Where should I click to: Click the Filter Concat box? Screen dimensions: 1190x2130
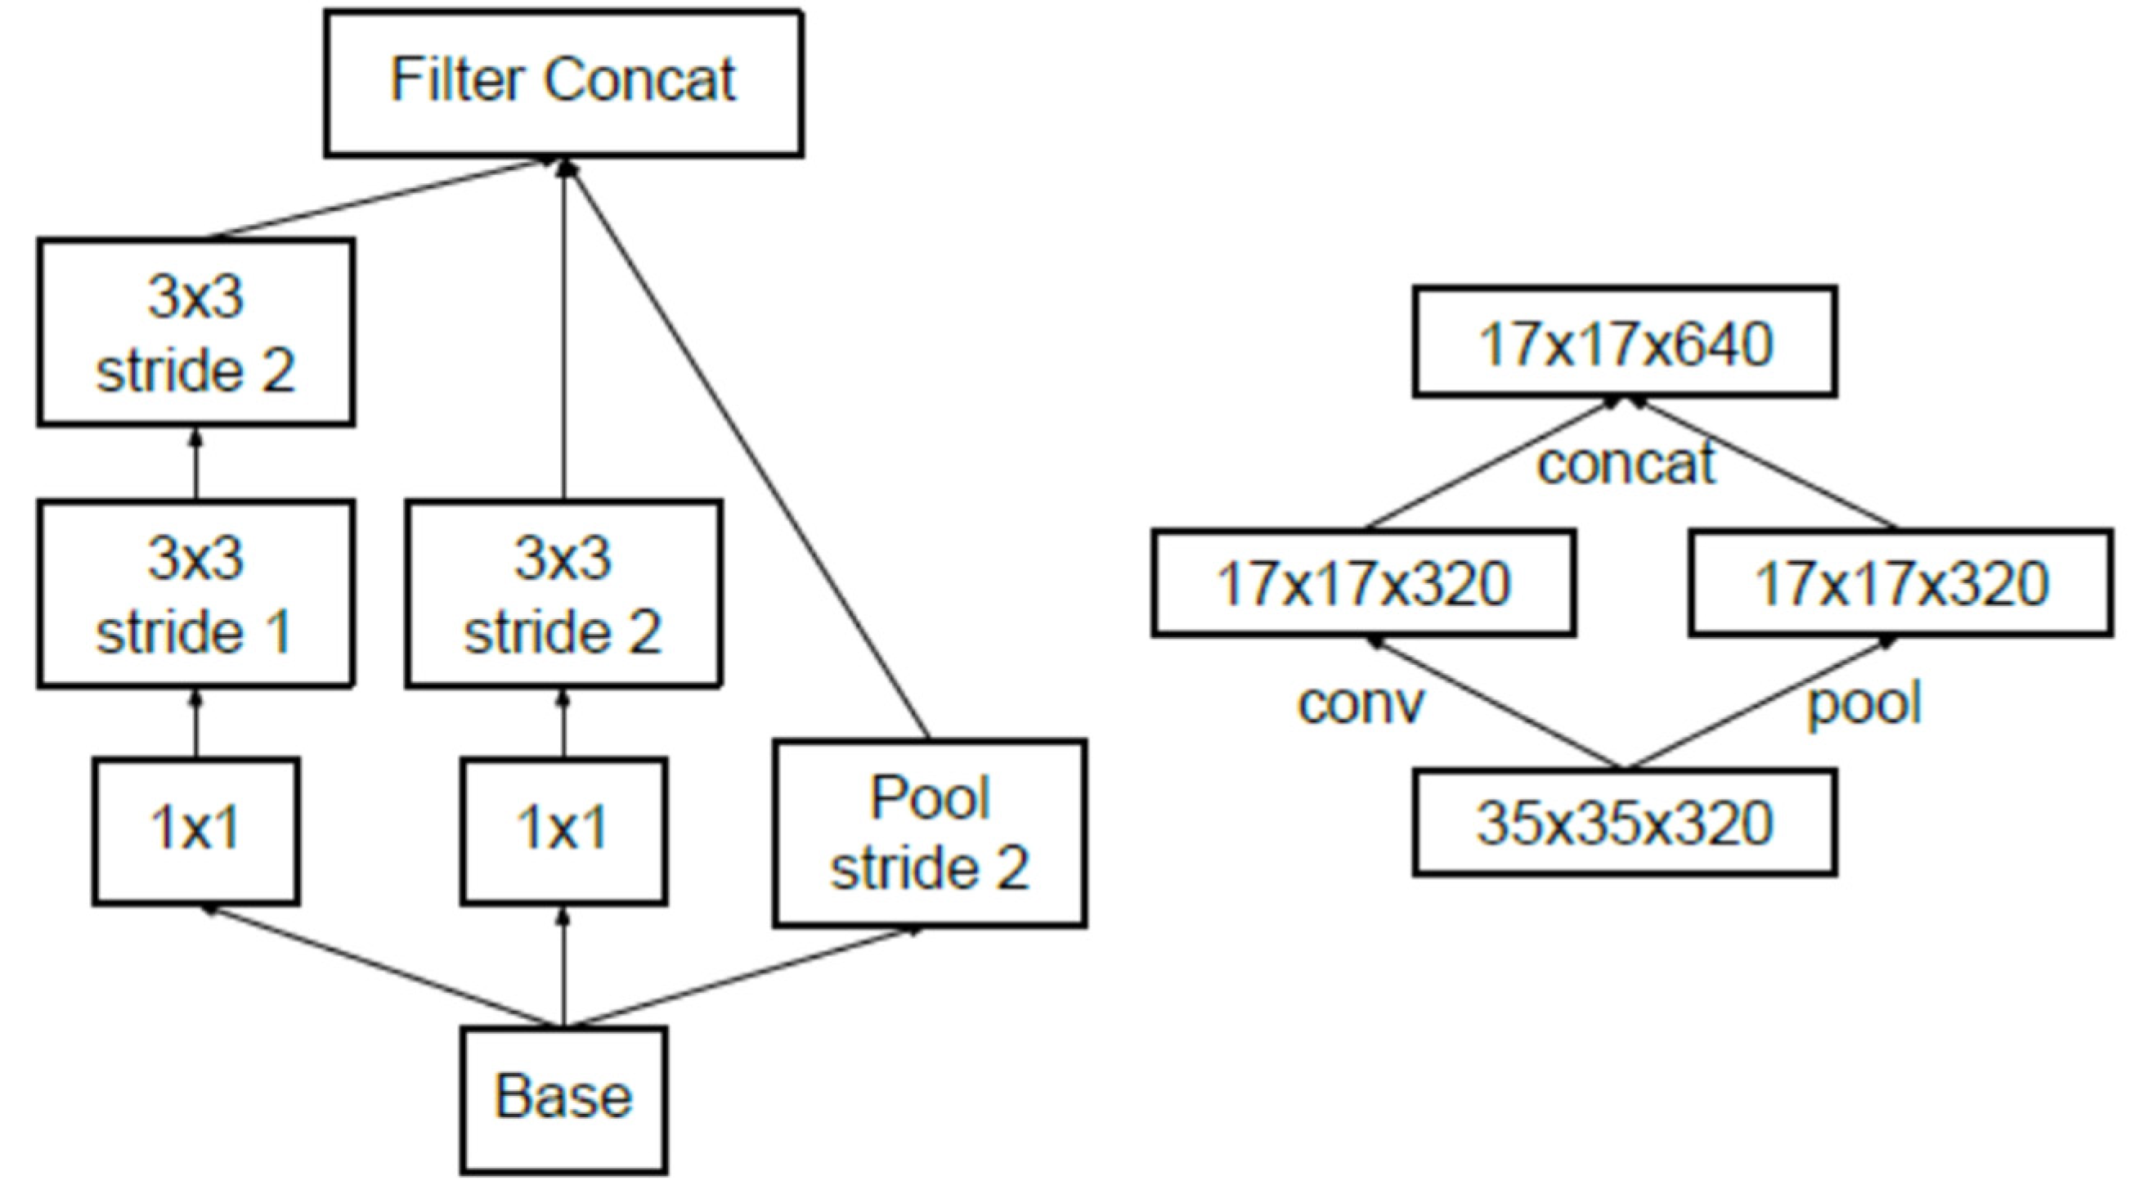click(x=563, y=83)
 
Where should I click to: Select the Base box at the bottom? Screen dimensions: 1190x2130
click(x=563, y=1099)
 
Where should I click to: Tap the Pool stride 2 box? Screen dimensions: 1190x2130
click(x=930, y=833)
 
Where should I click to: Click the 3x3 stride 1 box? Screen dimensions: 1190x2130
click(x=196, y=594)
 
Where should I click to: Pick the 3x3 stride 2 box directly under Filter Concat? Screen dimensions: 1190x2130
click(x=563, y=594)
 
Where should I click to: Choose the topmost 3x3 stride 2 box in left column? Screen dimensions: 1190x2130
click(x=196, y=332)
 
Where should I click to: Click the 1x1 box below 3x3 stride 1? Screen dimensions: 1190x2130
click(x=196, y=831)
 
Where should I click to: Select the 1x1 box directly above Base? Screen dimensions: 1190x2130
click(x=563, y=831)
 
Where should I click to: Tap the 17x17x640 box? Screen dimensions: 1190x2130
click(x=1625, y=343)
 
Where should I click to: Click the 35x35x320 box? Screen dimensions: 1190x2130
click(x=1625, y=823)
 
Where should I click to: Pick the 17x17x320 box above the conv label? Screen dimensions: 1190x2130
click(x=1363, y=583)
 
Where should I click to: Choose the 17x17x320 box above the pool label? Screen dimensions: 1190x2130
click(x=1900, y=583)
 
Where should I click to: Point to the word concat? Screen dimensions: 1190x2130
click(x=1626, y=464)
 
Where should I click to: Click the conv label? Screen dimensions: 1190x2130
click(x=1361, y=704)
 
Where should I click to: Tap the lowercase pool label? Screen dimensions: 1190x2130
click(x=1863, y=704)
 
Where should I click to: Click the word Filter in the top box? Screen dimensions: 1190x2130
click(x=456, y=80)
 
